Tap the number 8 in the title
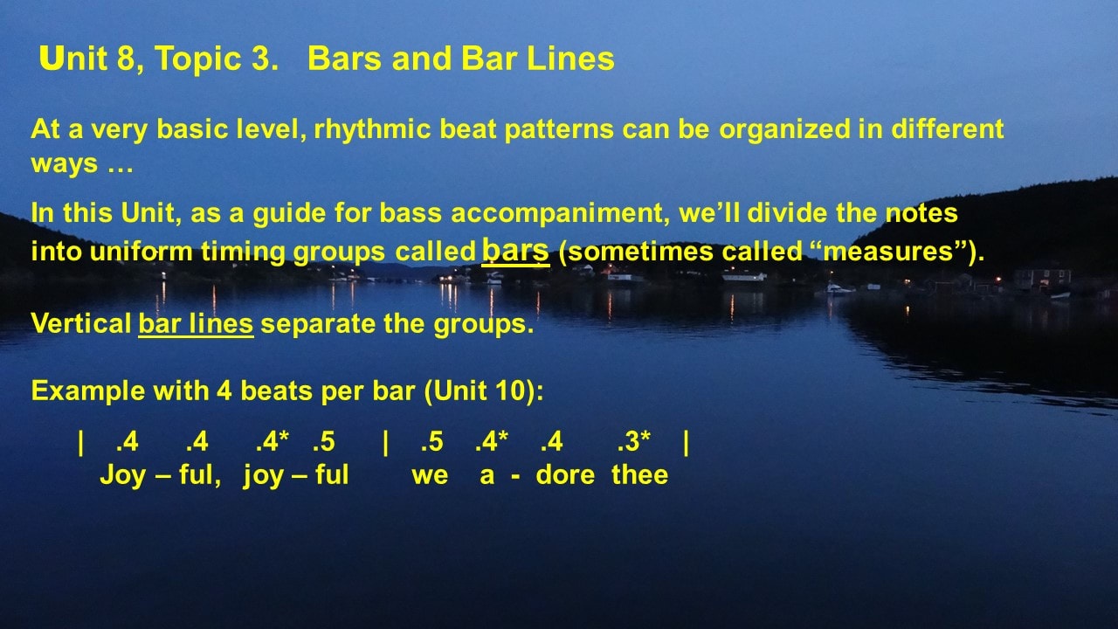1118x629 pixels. [127, 58]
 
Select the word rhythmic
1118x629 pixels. [372, 130]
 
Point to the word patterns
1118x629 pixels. [558, 130]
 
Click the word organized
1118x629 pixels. [784, 130]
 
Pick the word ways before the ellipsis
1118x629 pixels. [65, 164]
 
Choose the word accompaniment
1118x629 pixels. [560, 214]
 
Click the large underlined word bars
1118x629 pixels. [515, 250]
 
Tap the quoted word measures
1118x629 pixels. [887, 251]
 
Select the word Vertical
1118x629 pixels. [81, 323]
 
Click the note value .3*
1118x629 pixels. [634, 441]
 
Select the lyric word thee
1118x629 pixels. [640, 474]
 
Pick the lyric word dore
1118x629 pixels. [565, 474]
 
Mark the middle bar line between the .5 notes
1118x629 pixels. [385, 443]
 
